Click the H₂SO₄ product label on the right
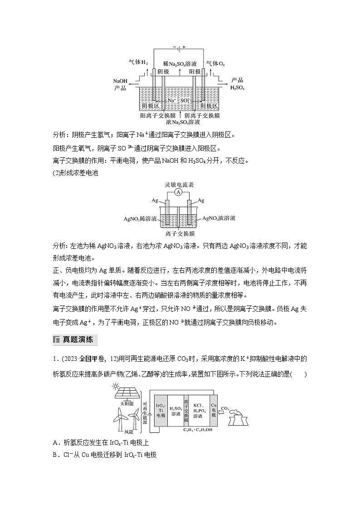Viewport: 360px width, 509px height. (237, 87)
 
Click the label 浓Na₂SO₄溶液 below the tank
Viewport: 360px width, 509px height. (180, 122)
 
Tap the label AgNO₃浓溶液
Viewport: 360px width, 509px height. (219, 218)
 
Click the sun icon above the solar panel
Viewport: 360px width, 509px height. (117, 386)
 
